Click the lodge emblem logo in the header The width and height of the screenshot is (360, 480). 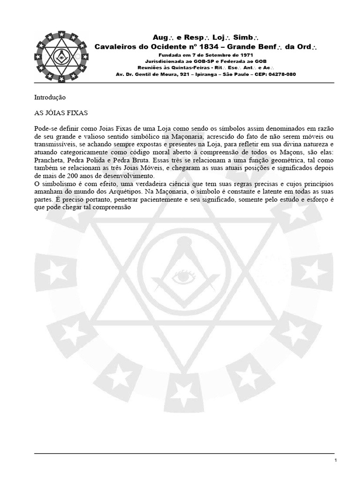click(x=60, y=57)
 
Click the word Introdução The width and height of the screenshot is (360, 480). click(x=50, y=97)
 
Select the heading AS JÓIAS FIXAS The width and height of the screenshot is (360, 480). click(x=61, y=113)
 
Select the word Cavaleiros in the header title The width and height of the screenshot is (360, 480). click(x=118, y=47)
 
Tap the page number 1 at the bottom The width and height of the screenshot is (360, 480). click(x=336, y=461)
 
